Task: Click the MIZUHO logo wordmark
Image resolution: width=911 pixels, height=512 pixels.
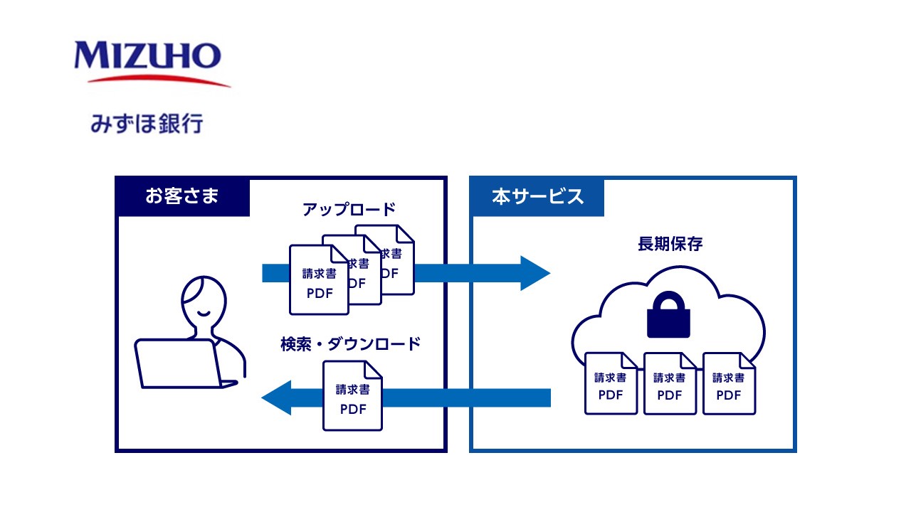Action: click(147, 55)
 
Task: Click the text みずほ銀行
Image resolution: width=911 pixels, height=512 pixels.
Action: click(147, 123)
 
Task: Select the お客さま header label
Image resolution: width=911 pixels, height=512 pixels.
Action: click(182, 196)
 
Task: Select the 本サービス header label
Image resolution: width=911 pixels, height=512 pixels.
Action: click(537, 196)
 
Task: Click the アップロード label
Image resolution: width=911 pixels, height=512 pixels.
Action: click(348, 210)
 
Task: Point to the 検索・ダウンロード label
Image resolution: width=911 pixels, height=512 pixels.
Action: click(351, 344)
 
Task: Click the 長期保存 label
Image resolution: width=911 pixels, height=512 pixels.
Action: click(670, 244)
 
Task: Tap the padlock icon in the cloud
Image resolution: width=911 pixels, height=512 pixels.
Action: click(668, 317)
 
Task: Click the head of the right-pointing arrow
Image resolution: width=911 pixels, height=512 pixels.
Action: click(535, 273)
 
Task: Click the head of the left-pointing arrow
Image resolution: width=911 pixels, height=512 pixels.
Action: click(277, 398)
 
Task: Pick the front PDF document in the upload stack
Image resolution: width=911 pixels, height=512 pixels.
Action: click(318, 280)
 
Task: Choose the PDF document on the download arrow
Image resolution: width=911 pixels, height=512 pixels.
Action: click(352, 396)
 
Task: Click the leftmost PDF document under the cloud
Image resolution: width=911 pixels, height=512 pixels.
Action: click(611, 384)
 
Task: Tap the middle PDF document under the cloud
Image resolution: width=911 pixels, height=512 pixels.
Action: click(670, 384)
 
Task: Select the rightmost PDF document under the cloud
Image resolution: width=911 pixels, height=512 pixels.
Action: click(729, 384)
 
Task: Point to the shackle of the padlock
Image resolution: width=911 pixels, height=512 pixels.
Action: click(668, 303)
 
